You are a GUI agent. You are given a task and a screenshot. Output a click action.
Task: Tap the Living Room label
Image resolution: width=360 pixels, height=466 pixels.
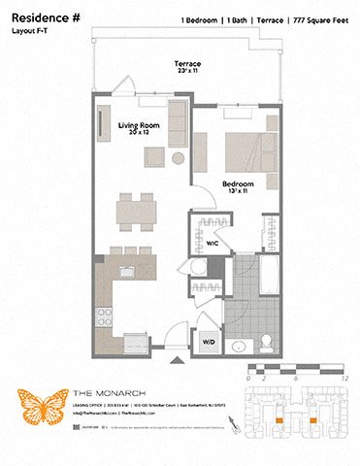140,127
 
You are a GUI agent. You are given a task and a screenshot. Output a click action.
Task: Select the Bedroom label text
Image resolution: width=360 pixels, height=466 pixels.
238,183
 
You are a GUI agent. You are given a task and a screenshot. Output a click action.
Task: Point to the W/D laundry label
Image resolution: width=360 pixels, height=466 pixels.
208,342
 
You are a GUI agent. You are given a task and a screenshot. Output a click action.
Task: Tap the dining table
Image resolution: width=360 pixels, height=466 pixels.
137,212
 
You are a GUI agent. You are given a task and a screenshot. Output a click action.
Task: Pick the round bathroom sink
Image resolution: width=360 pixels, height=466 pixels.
238,346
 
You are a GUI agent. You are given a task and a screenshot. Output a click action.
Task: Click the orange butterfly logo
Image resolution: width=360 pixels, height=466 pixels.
42,405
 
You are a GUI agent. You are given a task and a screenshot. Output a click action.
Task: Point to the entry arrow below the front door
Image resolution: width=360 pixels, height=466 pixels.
178,362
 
